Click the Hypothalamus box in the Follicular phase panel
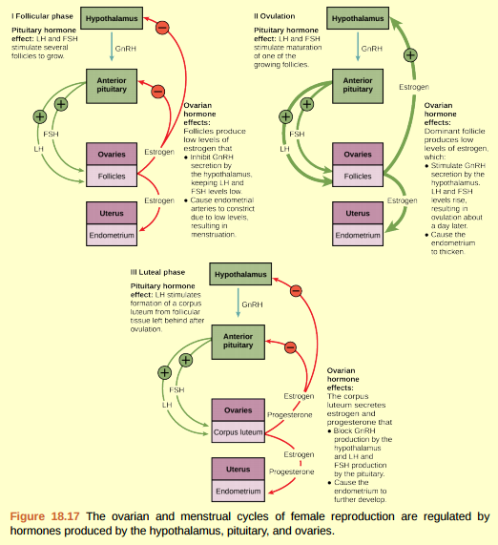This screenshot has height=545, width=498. pos(111,18)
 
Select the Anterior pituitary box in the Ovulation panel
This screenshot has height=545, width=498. pos(358,85)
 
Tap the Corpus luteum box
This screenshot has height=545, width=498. pos(238,432)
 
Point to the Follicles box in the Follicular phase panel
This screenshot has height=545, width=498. pos(113,177)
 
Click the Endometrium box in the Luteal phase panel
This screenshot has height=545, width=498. pos(238,492)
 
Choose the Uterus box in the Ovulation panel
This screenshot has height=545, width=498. pos(358,213)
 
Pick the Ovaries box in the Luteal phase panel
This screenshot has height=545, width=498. pos(238,410)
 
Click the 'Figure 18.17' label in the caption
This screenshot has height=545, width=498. pos(45,516)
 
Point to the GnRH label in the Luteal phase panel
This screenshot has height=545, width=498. pos(252,305)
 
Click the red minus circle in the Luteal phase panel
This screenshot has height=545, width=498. pos(296,289)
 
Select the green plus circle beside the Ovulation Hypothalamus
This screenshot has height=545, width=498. pos(411,54)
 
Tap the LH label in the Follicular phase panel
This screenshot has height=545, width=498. pos(40,149)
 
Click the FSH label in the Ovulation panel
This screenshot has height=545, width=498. pos(297,135)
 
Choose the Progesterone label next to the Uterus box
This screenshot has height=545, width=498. pos(291,472)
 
